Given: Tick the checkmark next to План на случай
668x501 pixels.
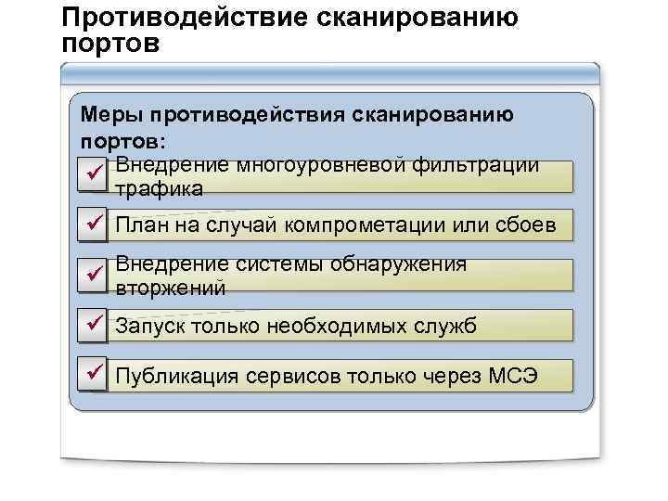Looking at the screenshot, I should (x=93, y=224).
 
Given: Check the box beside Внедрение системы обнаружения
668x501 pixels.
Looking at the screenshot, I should (x=93, y=274).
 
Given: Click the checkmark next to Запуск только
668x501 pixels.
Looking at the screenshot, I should (x=93, y=324).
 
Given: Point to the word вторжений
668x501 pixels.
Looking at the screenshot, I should (x=170, y=288).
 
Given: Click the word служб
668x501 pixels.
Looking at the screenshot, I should (x=452, y=326).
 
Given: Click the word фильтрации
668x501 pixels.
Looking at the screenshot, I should (x=482, y=165).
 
